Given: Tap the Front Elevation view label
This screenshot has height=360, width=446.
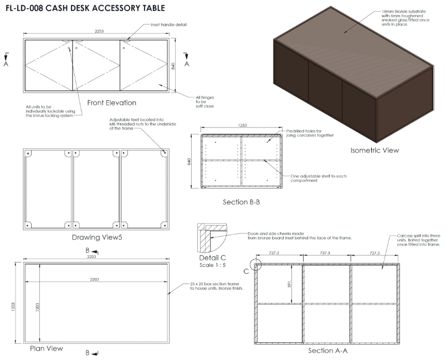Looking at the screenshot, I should click(x=112, y=103).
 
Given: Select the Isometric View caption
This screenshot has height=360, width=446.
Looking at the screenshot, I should click(x=375, y=150).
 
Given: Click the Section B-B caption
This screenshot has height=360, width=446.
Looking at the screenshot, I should click(x=241, y=202).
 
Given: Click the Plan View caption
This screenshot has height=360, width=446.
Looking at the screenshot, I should click(x=47, y=348).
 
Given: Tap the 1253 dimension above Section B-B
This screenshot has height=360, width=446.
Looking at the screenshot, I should click(x=242, y=126).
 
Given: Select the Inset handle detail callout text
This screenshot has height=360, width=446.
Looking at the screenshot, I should click(x=168, y=25).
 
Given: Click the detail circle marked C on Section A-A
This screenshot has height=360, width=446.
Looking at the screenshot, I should click(x=255, y=264).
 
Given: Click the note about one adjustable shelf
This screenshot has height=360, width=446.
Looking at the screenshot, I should click(x=319, y=178).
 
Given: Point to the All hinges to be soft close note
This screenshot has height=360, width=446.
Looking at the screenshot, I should click(x=204, y=102).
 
